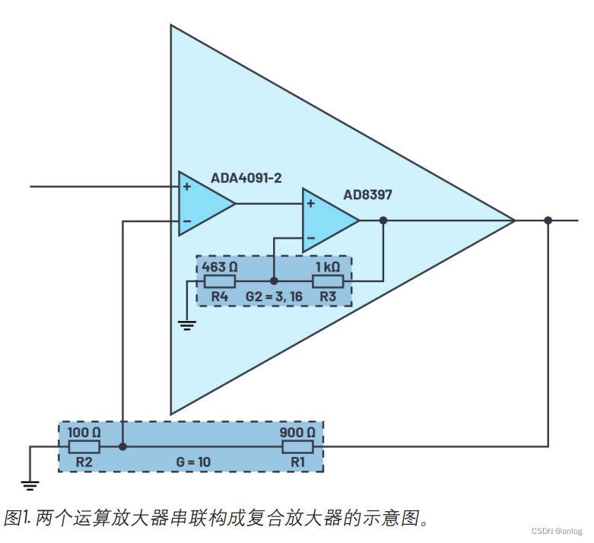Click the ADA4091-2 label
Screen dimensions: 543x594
tap(246, 177)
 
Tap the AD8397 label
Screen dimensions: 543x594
tap(367, 195)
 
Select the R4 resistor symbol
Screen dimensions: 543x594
tap(220, 281)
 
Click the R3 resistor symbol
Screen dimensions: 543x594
tap(328, 281)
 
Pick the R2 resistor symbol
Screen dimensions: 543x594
tap(84, 446)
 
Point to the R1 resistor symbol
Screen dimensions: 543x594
tap(297, 446)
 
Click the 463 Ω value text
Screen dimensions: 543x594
tap(220, 267)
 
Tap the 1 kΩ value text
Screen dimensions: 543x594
tap(328, 267)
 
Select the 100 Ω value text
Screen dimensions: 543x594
tap(84, 432)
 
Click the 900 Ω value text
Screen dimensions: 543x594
tap(297, 432)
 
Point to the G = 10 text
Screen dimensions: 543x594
tap(193, 461)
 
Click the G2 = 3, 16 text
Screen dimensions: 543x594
tap(274, 295)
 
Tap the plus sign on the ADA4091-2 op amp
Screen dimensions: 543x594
tap(186, 185)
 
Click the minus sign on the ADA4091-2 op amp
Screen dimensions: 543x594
tap(186, 221)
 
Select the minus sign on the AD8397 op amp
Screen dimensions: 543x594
tap(310, 238)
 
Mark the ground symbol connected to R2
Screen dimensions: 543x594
tap(30, 484)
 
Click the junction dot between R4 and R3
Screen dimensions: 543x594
tap(274, 281)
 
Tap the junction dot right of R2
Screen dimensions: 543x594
tap(122, 446)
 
